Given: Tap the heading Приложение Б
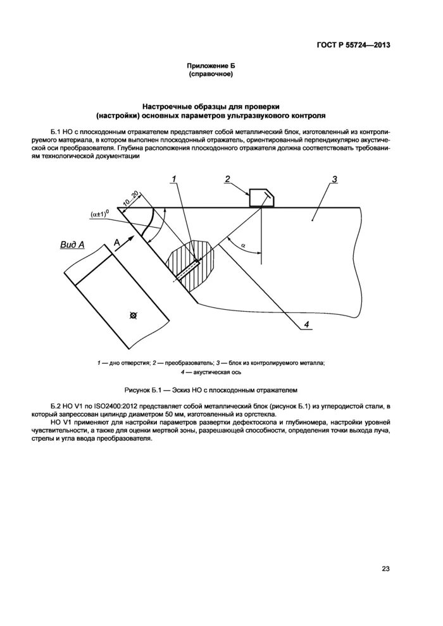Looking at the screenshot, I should point(212,66).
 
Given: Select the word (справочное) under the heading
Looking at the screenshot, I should point(212,75).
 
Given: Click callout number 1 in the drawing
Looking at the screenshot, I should point(173,180).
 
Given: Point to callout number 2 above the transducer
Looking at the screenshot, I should point(227,180).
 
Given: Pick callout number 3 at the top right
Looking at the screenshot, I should point(334,180).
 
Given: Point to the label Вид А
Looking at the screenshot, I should point(73,244).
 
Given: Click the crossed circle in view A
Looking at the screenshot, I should point(132,314).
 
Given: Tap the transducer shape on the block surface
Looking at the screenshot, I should point(263,197).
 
